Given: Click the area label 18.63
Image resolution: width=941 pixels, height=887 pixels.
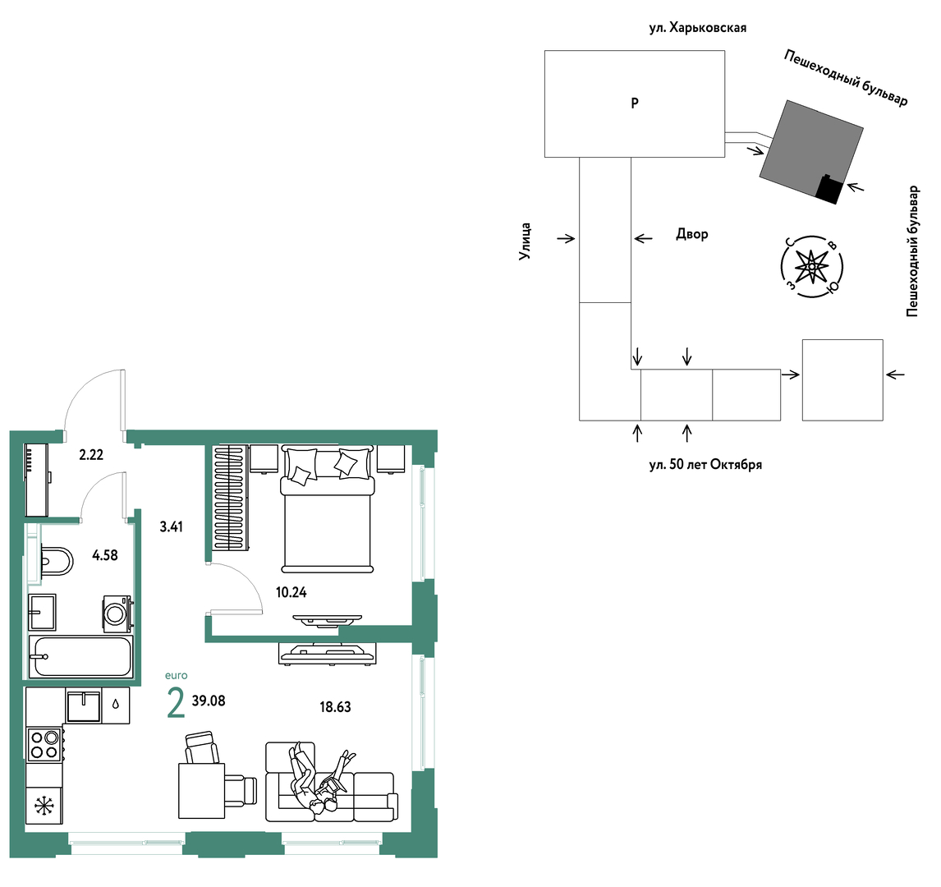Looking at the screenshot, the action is coord(335,707).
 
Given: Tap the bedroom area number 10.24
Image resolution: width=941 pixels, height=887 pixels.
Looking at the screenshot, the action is coord(291,592).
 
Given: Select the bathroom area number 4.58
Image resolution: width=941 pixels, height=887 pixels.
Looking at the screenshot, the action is coord(105,555).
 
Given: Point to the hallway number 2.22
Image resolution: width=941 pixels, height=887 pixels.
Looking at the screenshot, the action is coord(91,455).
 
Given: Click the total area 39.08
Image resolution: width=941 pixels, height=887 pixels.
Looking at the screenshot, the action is coord(209,701).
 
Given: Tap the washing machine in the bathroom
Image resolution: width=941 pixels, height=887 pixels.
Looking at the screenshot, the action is coord(117,614).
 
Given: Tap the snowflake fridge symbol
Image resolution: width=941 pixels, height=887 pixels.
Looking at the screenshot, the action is coord(44,806).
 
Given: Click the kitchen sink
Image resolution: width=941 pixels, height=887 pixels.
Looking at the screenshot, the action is coord(83,705).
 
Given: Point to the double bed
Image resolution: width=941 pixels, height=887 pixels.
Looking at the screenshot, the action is coord(327,509).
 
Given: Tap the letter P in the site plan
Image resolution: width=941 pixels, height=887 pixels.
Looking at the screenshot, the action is coord(635,103).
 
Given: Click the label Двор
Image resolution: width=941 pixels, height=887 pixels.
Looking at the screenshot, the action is coord(692,234).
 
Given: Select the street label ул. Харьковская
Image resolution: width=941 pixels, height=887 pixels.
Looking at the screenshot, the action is coord(697,28).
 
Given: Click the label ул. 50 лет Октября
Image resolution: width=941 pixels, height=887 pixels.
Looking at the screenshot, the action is coord(705,465).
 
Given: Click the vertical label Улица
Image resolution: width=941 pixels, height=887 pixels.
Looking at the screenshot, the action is coord(526,241).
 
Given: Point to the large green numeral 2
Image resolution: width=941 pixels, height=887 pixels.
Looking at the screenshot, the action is coord(176,703).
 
